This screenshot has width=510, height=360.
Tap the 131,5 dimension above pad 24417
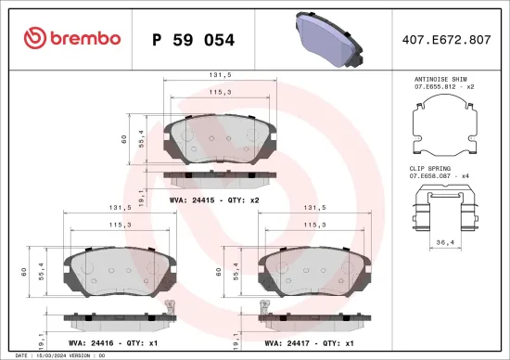tap(313, 209)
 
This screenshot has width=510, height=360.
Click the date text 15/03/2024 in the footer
tap(48, 355)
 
